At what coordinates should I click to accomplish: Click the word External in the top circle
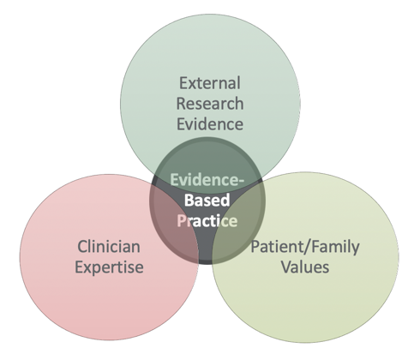pos(210,83)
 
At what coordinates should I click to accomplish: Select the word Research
pos(210,104)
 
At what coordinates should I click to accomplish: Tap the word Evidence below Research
pos(210,124)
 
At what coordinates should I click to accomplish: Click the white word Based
pos(207,200)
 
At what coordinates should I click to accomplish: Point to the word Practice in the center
pos(207,220)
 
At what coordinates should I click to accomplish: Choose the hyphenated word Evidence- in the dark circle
pos(207,180)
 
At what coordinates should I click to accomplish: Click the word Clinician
pos(109,247)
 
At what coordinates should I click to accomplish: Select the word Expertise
pos(109,268)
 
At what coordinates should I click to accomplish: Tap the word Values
pos(305,267)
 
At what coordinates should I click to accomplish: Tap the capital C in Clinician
pos(82,247)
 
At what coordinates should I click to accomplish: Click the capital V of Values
pos(286,267)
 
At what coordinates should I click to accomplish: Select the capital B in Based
pos(189,200)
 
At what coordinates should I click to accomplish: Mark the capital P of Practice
pos(181,220)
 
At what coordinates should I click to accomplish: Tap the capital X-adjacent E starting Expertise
pos(79,267)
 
